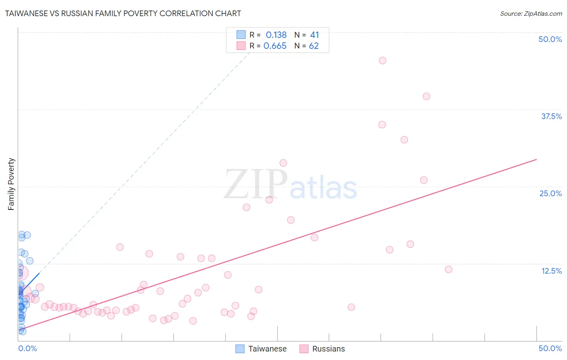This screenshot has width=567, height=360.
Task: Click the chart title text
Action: [x=123, y=13]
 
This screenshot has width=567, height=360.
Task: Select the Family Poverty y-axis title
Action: [x=11, y=184]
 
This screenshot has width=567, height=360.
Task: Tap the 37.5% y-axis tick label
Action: [x=551, y=116]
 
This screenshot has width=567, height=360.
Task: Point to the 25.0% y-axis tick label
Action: [x=550, y=193]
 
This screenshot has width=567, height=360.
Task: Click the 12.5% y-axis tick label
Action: [x=551, y=271]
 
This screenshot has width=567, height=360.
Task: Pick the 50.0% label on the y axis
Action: [x=550, y=39]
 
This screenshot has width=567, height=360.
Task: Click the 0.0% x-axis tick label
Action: [x=27, y=348]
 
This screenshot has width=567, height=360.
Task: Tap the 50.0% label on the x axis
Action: [x=550, y=348]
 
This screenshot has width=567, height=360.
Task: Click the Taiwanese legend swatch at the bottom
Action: [x=240, y=349]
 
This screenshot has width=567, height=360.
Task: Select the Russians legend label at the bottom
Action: [x=328, y=349]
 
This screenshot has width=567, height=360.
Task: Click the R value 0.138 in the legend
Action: [x=276, y=35]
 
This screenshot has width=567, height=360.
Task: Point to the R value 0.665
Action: [x=275, y=46]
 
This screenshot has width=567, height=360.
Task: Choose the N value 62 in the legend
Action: [x=314, y=46]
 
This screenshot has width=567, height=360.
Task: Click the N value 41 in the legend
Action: [x=315, y=35]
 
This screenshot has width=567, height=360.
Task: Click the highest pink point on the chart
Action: [x=383, y=61]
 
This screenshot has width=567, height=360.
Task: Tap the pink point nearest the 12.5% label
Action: [x=448, y=269]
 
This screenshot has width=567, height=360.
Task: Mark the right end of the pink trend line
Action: [x=536, y=159]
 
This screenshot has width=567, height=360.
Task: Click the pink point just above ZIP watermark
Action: [x=283, y=163]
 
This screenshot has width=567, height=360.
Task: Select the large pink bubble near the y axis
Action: [x=21, y=273]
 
